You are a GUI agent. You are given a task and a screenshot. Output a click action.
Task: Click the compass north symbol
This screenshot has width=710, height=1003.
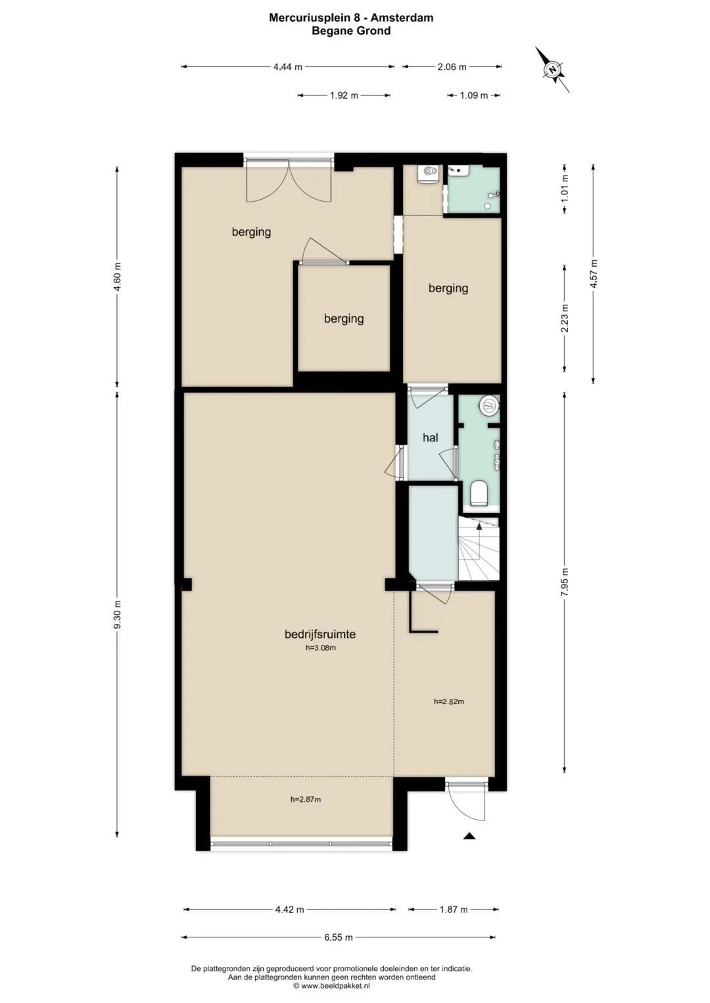click(x=553, y=70)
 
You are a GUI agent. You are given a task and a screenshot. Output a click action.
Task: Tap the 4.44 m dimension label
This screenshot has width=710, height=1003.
click(x=288, y=67)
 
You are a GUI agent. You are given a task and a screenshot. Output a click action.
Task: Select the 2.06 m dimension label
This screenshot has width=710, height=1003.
click(x=452, y=67)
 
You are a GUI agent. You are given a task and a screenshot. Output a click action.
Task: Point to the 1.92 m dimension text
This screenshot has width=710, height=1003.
click(x=344, y=95)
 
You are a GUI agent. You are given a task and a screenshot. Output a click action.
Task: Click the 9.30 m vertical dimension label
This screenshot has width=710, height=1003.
click(x=118, y=614)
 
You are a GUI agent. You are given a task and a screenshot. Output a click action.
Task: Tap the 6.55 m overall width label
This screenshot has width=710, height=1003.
click(x=339, y=937)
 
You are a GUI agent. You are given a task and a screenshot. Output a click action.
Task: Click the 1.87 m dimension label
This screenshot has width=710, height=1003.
click(x=453, y=910)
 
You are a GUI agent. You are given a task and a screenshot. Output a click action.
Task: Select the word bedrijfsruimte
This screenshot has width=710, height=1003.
click(x=320, y=635)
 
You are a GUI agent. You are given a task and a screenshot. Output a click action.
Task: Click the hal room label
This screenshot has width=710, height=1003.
click(x=431, y=437)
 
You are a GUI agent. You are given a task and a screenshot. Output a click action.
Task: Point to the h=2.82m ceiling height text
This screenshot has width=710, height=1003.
click(x=448, y=702)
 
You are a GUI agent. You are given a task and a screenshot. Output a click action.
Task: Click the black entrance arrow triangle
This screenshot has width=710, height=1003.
click(x=469, y=835)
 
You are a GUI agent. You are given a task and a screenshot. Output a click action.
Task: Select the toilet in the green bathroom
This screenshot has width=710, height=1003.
click(x=479, y=493)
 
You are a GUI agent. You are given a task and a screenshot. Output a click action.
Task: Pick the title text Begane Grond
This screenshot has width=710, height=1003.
click(x=351, y=31)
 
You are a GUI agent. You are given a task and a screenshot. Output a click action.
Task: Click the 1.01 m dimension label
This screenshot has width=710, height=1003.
click(x=565, y=188)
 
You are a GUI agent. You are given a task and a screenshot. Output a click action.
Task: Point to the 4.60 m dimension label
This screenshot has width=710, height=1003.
click(x=118, y=277)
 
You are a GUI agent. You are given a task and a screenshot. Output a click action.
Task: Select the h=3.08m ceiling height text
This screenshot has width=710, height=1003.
click(x=321, y=648)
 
